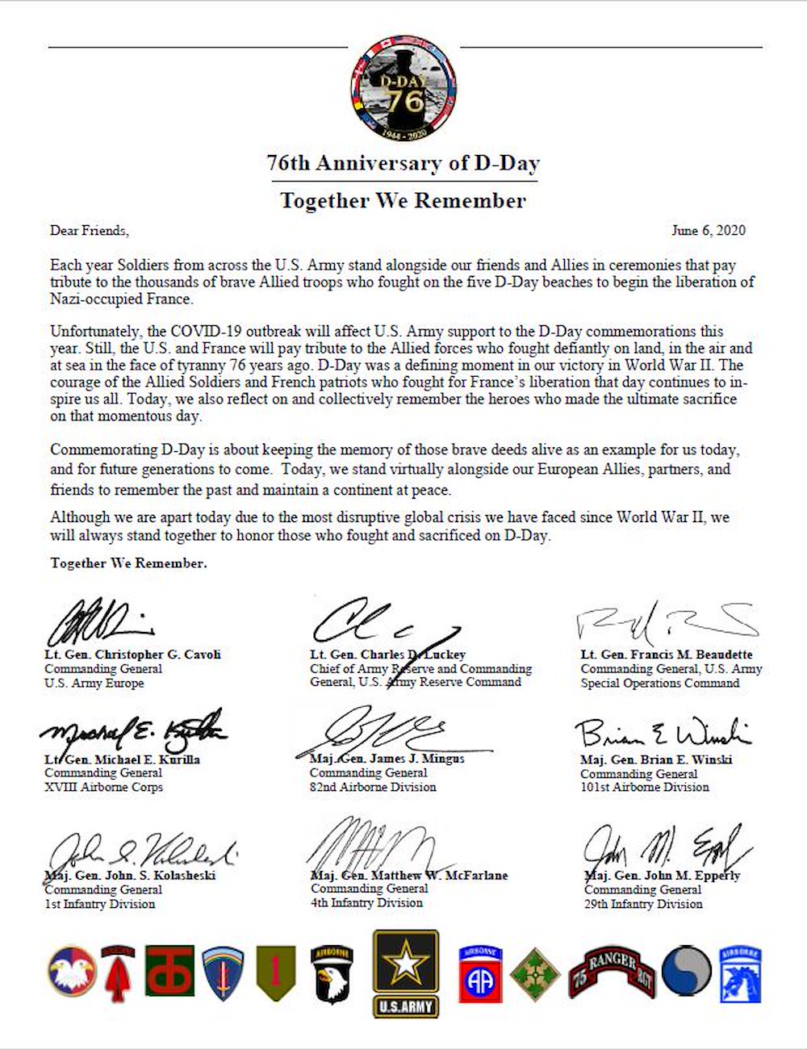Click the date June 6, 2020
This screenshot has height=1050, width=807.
coord(708,231)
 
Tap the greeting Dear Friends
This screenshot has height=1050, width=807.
coord(89,231)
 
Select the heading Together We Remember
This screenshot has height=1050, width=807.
coord(403,200)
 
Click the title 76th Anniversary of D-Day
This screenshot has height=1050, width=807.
coord(403,163)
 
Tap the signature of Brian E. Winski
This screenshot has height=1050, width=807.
coord(662,733)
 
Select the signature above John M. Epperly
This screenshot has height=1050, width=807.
coord(666,849)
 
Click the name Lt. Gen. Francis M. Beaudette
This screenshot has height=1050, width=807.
coord(666,655)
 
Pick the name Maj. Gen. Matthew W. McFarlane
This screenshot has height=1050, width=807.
coord(409,876)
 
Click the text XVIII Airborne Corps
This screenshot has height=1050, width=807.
coord(103,787)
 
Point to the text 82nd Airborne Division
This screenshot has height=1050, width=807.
coord(373,787)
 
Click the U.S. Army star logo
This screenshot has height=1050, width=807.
coord(405,972)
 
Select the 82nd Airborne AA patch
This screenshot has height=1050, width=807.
coord(481,973)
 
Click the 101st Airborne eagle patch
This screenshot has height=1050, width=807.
coord(332,973)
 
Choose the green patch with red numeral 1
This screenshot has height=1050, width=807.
coord(275,973)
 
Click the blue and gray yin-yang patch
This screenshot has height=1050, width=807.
coord(686,972)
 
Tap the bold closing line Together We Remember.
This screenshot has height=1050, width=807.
coord(128,563)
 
